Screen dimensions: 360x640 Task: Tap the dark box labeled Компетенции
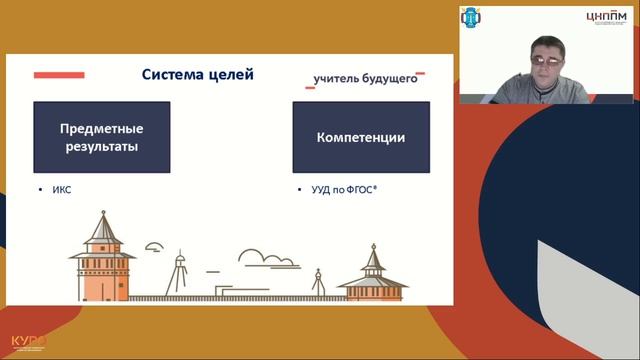point(361,138)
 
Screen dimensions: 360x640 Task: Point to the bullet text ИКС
point(62,189)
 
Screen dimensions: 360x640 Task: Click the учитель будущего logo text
point(365,80)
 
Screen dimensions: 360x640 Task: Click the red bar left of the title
point(59,74)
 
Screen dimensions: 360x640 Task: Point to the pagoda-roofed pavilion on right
point(372,275)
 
